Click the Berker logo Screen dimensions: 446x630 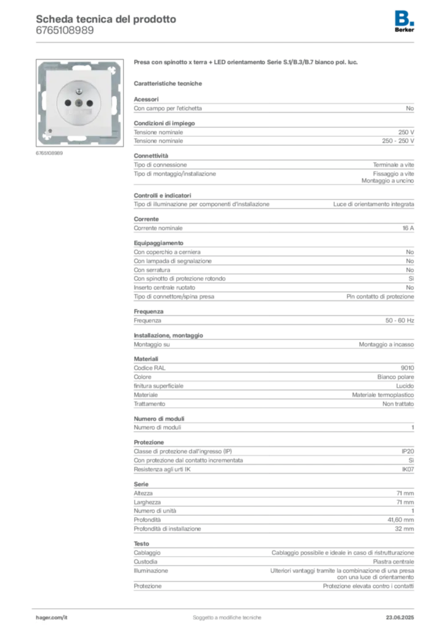click(x=404, y=22)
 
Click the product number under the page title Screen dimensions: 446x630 click(x=65, y=31)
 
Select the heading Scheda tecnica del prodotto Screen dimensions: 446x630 click(x=106, y=19)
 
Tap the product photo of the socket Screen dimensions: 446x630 click(x=79, y=103)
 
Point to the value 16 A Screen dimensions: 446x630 click(x=408, y=228)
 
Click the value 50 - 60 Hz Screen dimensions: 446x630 click(x=399, y=321)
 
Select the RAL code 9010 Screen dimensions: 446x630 click(x=407, y=368)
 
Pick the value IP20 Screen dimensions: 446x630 click(x=407, y=452)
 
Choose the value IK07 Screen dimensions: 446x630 click(x=408, y=469)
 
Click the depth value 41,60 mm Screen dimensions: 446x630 click(x=400, y=520)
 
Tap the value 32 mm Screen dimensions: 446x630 click(x=404, y=528)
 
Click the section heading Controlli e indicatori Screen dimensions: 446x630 click(x=163, y=196)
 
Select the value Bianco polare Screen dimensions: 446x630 click(x=395, y=377)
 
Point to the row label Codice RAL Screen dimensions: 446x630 click(x=150, y=368)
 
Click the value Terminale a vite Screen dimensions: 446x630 click(x=393, y=165)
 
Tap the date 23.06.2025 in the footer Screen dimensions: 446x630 click(x=400, y=618)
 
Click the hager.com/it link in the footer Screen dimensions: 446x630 click(x=52, y=618)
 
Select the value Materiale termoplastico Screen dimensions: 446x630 click(x=383, y=395)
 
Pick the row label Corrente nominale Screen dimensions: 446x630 click(x=158, y=228)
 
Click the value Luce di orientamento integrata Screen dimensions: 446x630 click(x=373, y=204)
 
